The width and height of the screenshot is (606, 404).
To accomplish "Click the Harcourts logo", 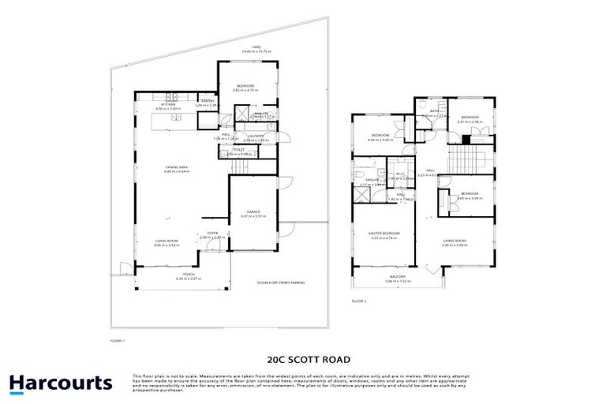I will tap(61, 384).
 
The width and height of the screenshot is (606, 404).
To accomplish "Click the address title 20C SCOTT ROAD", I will tap(302, 357).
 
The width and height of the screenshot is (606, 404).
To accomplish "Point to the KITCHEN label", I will tap(168, 104).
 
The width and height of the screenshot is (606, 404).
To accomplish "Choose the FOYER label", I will tap(212, 233).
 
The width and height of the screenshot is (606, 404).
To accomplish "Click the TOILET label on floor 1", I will tap(238, 149).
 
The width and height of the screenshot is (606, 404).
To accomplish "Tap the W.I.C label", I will tap(400, 174).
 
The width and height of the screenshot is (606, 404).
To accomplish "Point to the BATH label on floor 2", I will tap(434, 111).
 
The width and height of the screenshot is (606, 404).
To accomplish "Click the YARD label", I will tap(256, 47).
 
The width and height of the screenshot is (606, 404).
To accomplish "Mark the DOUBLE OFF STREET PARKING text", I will tap(281, 282).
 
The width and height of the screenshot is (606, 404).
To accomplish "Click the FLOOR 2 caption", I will tap(359, 301).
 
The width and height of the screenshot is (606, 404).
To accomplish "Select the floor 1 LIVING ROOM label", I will tap(167, 241).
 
